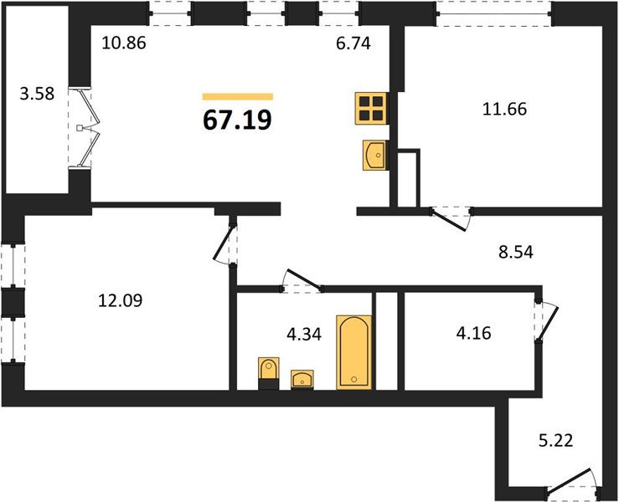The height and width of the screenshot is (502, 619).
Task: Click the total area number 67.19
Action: [x=237, y=120]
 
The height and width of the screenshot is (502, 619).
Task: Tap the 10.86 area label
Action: [x=124, y=43]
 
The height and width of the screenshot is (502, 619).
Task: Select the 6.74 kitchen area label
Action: [x=353, y=43]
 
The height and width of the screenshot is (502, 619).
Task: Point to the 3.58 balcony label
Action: [x=37, y=95]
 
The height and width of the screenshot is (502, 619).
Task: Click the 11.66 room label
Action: [x=504, y=109]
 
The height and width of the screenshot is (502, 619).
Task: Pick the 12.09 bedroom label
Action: [x=121, y=300]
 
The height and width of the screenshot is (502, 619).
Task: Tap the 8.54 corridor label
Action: [x=516, y=252]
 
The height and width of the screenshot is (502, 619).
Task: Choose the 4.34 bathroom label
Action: [x=304, y=335]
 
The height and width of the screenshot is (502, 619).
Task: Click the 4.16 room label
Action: [x=474, y=333]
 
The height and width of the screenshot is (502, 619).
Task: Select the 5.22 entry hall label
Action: [x=556, y=440]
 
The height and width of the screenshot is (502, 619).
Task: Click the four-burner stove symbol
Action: [x=371, y=109]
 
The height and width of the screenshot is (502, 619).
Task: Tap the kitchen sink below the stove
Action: [x=374, y=156]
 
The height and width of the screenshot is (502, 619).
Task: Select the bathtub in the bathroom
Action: [x=354, y=352]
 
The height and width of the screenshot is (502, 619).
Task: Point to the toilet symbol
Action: [x=268, y=373]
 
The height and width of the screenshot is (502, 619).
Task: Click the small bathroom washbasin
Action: [x=302, y=379]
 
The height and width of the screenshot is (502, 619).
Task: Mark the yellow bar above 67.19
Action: [x=238, y=96]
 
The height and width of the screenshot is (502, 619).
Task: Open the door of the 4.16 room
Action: [x=548, y=322]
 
